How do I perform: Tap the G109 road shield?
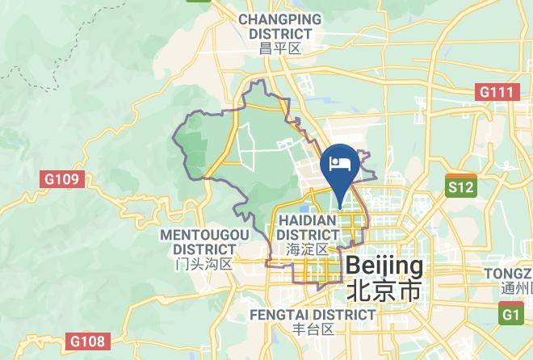click(x=61, y=178)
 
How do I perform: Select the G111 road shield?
click(x=495, y=92)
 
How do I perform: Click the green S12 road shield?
click(x=461, y=187)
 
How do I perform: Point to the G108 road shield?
click(x=86, y=341)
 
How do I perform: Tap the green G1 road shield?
click(x=511, y=314)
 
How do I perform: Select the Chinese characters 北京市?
click(x=384, y=291)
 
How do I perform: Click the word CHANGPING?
click(x=279, y=19)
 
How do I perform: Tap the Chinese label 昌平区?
click(x=279, y=49)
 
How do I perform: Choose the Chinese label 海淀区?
click(x=308, y=249)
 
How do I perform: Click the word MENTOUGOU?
click(x=204, y=234)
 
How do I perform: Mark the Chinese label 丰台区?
click(x=313, y=329)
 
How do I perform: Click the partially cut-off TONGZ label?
click(x=508, y=274)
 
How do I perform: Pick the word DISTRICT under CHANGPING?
click(x=279, y=34)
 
